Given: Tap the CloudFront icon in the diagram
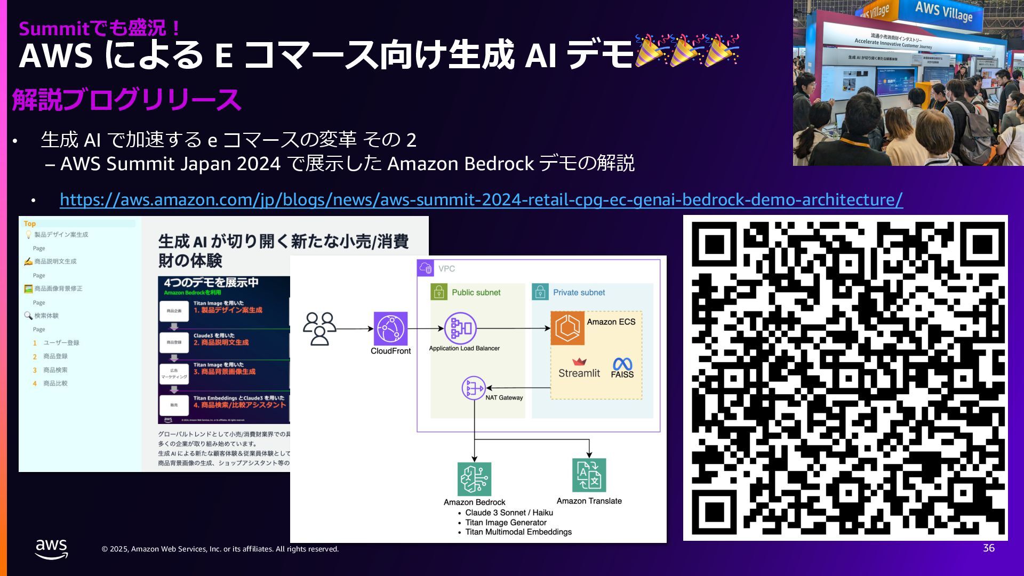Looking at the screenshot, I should [x=390, y=329].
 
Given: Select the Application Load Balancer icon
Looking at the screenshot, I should [x=460, y=328].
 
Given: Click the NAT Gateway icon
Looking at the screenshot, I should [x=473, y=388].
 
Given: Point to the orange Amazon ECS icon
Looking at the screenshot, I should [x=567, y=328].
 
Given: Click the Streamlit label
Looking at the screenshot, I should [x=579, y=373].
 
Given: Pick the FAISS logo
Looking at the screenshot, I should [x=622, y=367].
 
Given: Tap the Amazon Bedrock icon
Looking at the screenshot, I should [x=474, y=479].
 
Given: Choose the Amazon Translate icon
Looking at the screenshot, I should [x=589, y=475].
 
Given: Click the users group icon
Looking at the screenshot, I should [x=319, y=329].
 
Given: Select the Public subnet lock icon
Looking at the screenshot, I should [x=439, y=292].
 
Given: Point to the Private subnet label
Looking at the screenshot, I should [x=579, y=292].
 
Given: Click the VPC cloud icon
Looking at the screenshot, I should [x=426, y=268].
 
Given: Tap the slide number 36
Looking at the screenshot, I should [x=988, y=548].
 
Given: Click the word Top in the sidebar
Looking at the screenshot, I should [x=30, y=224].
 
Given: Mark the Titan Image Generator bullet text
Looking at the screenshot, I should [x=506, y=523].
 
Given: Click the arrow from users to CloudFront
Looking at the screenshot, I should [x=354, y=329].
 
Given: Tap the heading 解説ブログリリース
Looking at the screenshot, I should [x=126, y=100].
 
